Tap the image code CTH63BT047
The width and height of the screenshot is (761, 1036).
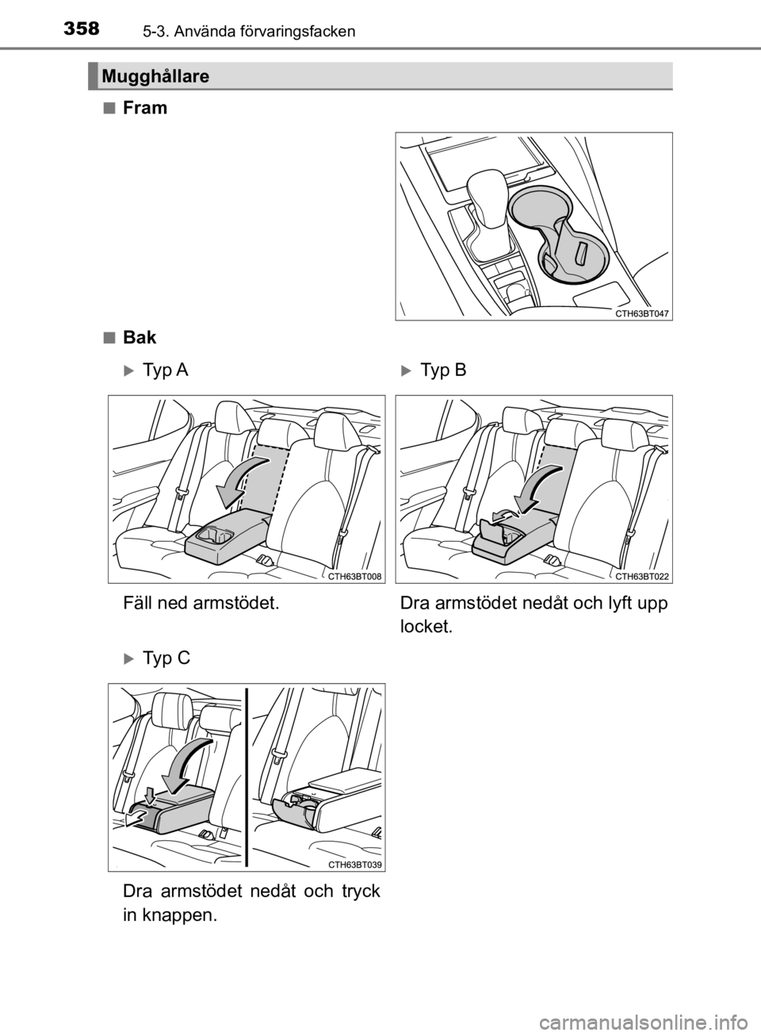[x=642, y=313]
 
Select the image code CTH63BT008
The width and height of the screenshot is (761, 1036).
[x=354, y=577]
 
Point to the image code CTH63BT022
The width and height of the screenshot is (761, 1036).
[x=642, y=577]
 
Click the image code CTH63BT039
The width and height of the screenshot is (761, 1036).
[x=354, y=865]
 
